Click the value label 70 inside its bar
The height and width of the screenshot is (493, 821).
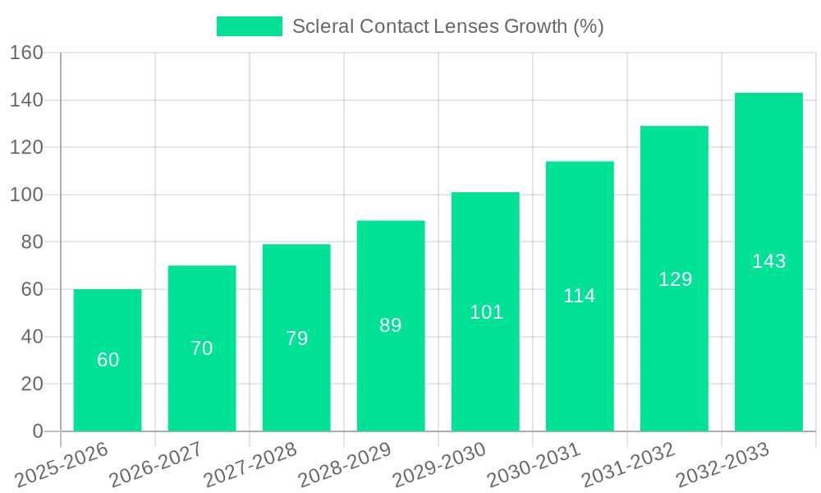[202, 348]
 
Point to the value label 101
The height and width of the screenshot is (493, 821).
[486, 312]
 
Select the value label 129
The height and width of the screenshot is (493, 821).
[675, 279]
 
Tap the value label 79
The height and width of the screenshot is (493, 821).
[296, 339]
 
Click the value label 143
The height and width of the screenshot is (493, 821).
[768, 261]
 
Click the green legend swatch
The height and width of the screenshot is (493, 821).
[249, 26]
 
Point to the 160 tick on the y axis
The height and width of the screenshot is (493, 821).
[26, 53]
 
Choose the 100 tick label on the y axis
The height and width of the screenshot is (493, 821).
[26, 196]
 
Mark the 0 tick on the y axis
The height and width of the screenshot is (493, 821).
[37, 431]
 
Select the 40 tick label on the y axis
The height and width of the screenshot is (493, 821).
[30, 337]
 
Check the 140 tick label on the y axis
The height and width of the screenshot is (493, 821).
[26, 100]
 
